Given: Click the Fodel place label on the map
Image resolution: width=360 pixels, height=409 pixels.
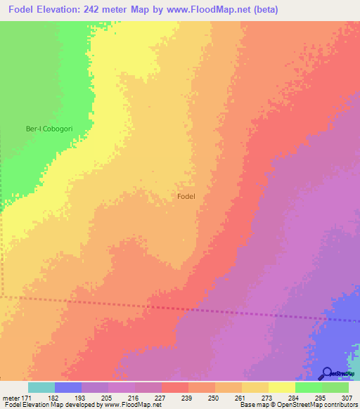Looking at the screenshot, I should tap(186, 197).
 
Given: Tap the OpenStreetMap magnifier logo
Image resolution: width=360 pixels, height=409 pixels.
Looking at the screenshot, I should tap(328, 372).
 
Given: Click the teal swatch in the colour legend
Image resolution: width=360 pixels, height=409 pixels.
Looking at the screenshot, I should tap(41, 387).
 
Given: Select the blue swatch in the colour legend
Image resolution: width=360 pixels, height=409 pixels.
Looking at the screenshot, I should tap(67, 387).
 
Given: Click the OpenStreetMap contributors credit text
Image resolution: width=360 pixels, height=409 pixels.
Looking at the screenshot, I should tap(320, 405).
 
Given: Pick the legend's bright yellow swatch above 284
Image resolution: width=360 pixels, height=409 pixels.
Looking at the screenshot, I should tap(281, 387).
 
